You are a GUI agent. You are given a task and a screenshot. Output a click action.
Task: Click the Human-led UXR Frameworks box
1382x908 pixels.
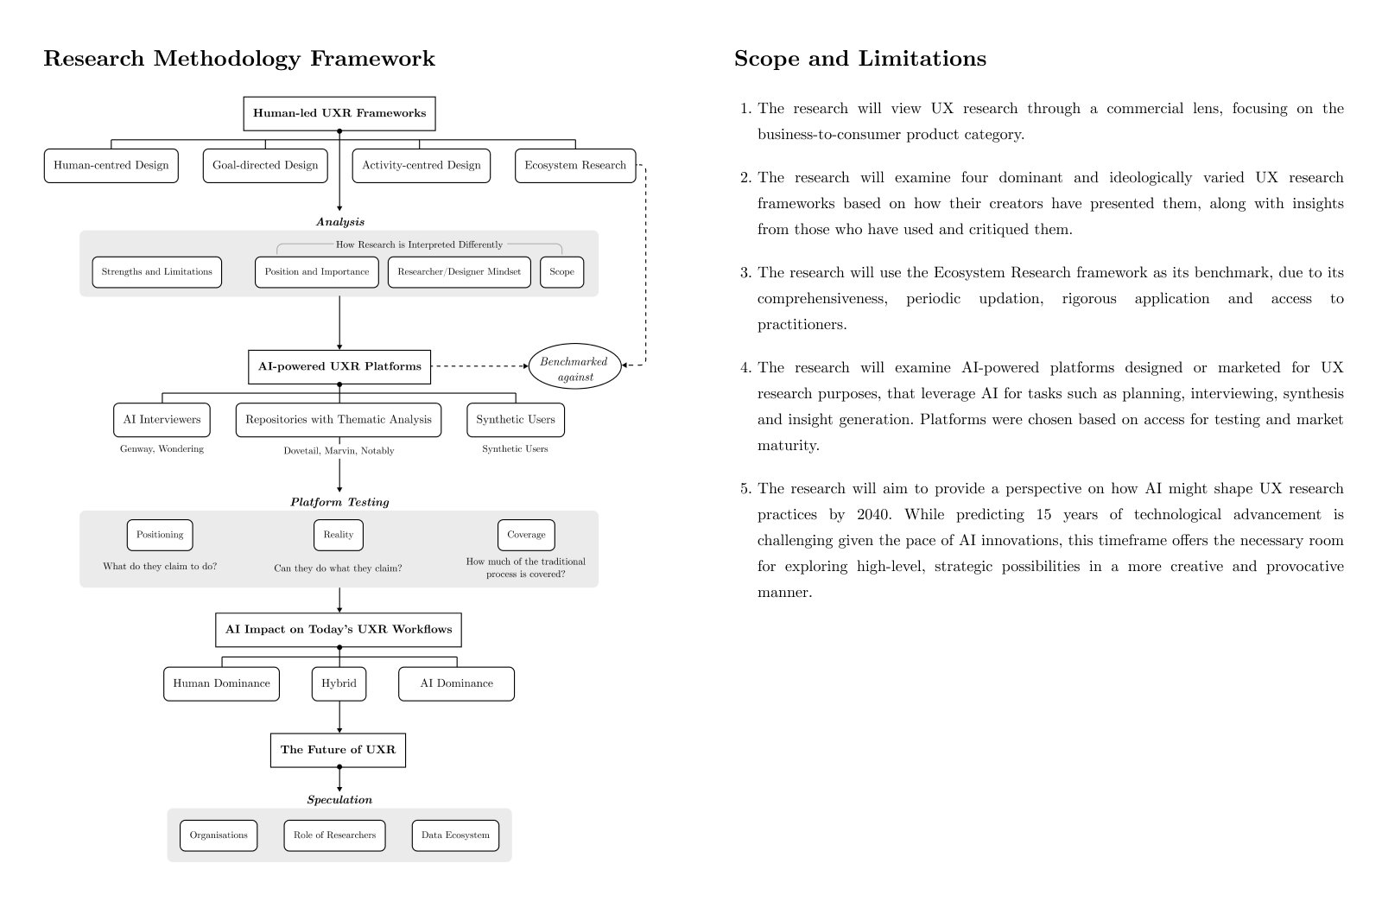click(x=339, y=113)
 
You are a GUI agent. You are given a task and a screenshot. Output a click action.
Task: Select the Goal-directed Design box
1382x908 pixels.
click(x=265, y=165)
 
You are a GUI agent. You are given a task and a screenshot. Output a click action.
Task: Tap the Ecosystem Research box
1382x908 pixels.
click(x=575, y=165)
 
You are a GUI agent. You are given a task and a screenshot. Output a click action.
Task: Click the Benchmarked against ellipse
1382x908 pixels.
click(x=575, y=366)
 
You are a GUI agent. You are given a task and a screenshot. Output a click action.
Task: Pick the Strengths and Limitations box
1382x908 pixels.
click(x=156, y=272)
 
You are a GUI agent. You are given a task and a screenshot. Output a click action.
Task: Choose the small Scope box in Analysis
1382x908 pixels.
click(x=561, y=272)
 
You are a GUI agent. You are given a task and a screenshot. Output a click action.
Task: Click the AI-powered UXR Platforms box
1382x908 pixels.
click(x=339, y=366)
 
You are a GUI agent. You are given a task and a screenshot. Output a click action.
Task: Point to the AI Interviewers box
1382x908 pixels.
click(x=162, y=420)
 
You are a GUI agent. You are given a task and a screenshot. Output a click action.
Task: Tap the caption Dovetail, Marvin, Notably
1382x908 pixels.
click(x=339, y=451)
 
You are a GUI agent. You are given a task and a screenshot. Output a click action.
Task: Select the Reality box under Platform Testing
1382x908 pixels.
click(x=338, y=535)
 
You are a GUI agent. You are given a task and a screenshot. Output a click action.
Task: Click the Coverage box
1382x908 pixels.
click(x=526, y=535)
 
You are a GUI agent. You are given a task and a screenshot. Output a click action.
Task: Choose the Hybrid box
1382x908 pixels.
click(x=339, y=683)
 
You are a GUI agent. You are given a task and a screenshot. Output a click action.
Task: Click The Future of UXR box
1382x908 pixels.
click(x=338, y=750)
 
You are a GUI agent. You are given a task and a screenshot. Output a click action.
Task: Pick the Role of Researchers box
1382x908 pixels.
click(x=334, y=835)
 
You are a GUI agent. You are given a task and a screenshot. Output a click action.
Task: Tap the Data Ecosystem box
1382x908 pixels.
click(x=455, y=835)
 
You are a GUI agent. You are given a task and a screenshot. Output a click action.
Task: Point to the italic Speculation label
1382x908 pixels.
click(x=340, y=800)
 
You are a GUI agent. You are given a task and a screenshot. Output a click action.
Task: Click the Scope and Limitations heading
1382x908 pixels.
click(x=860, y=59)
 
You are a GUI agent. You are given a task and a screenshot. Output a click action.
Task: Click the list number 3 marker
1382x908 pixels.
click(x=746, y=273)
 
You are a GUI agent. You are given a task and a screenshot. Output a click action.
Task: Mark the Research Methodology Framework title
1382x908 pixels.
click(x=239, y=60)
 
